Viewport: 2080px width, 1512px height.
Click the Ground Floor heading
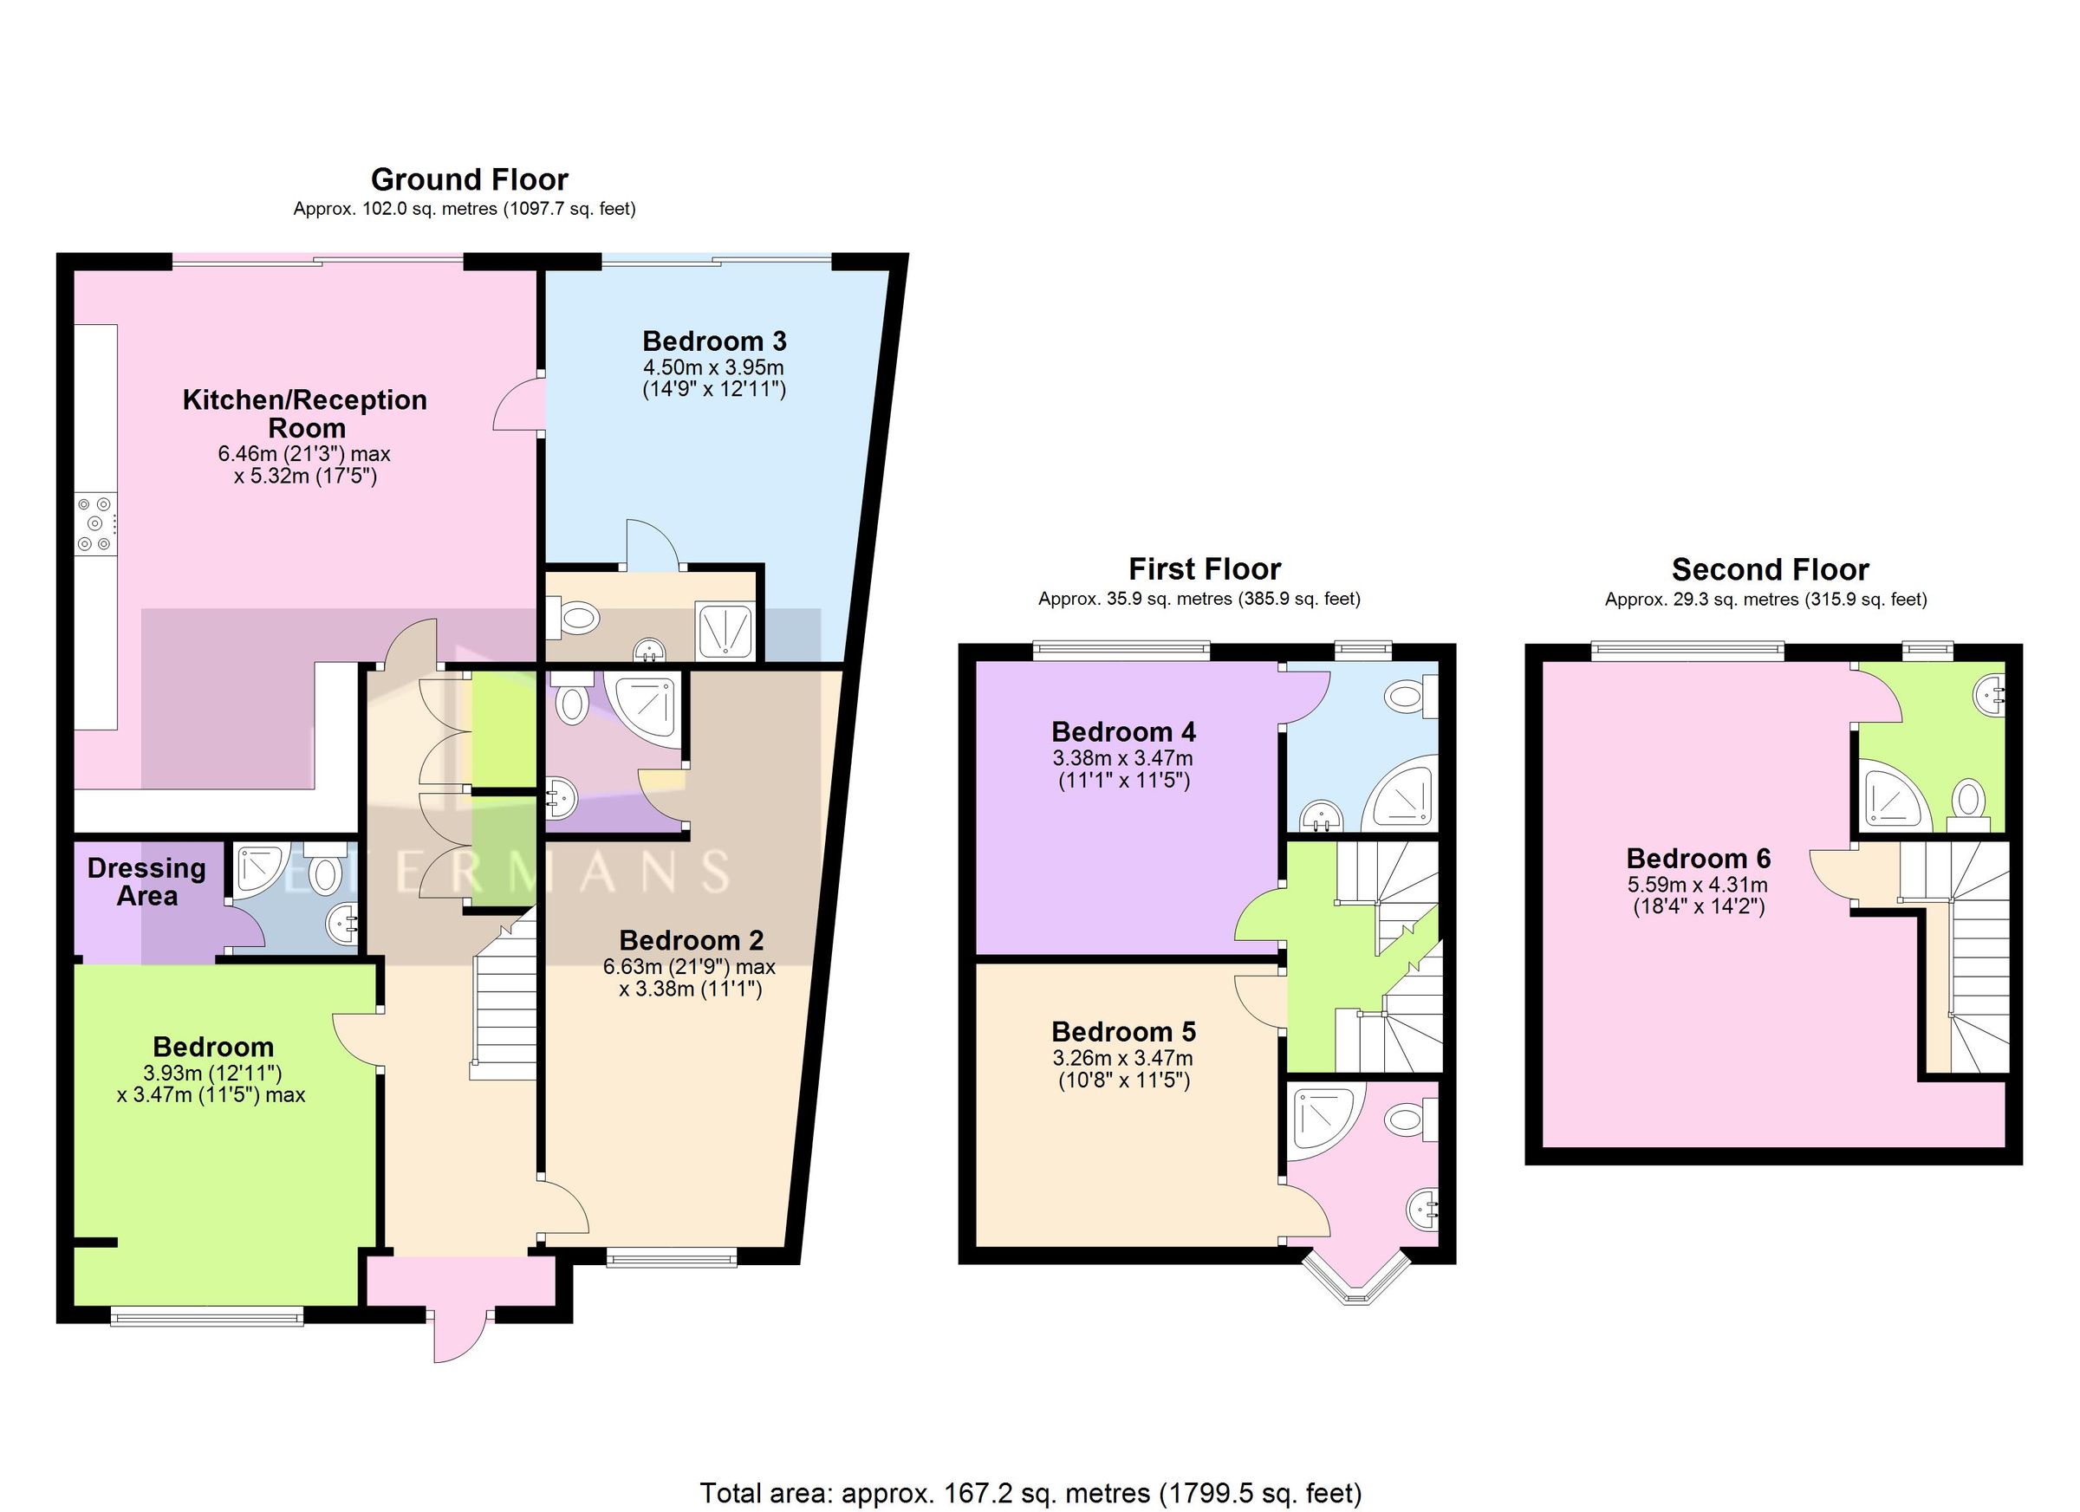(x=469, y=179)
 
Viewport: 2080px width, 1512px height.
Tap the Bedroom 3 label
(x=714, y=341)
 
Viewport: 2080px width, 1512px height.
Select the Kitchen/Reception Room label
(x=305, y=413)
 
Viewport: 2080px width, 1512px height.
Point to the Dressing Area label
(x=146, y=881)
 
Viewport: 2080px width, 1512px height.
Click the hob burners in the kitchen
(x=95, y=523)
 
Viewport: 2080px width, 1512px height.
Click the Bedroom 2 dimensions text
(x=690, y=977)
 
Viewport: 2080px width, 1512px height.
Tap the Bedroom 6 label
(x=1699, y=858)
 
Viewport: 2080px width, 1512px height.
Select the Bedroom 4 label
(x=1123, y=731)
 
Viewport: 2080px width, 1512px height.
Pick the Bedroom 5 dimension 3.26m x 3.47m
(x=1123, y=1058)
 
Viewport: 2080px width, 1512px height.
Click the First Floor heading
(x=1204, y=569)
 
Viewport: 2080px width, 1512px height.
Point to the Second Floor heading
(x=1770, y=569)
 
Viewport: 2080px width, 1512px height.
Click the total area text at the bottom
(x=1030, y=1493)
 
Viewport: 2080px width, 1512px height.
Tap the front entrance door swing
(x=458, y=1340)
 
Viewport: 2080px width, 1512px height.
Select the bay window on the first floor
(x=1357, y=1275)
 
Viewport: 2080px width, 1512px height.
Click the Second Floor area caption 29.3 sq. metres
(x=1765, y=600)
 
